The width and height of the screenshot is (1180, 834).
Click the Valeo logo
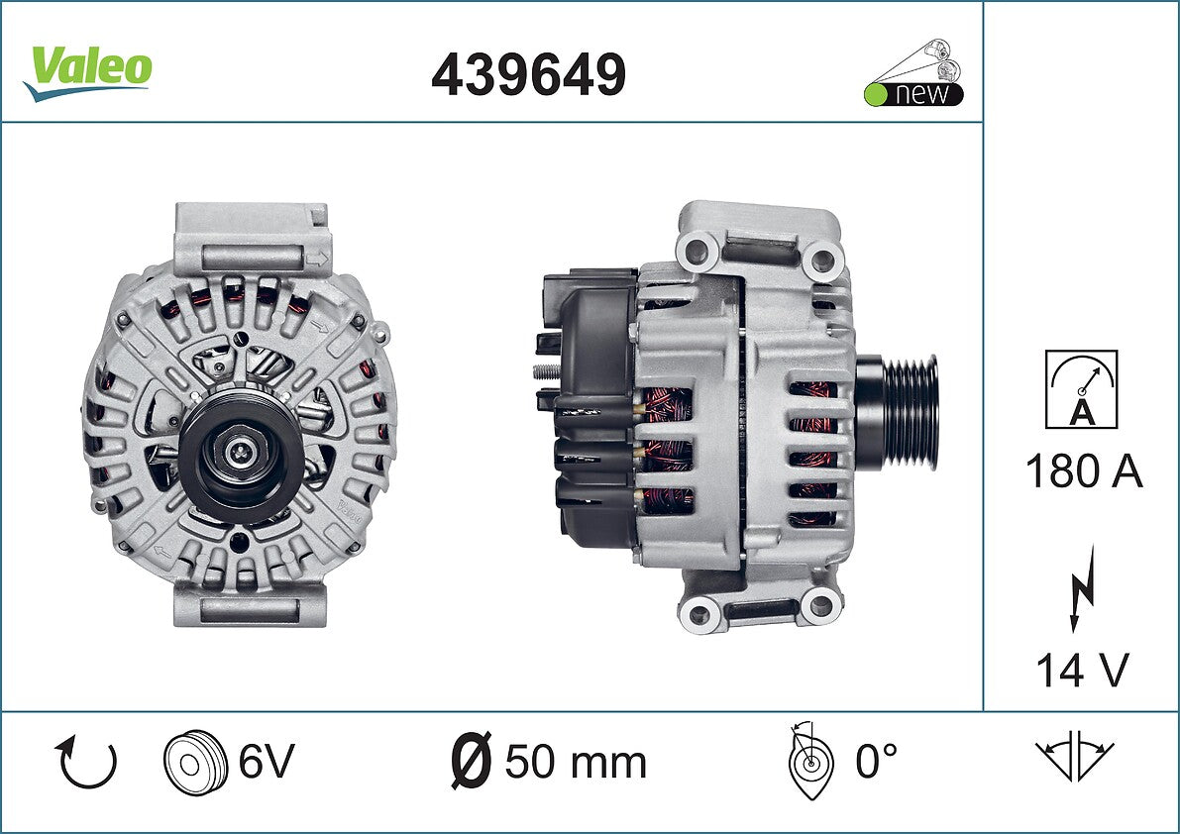click(88, 72)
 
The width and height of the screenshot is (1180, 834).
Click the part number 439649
click(528, 74)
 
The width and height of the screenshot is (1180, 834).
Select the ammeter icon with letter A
click(1081, 389)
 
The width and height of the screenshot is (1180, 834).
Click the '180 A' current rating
click(1084, 472)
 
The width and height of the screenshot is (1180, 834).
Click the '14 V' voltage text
click(1083, 670)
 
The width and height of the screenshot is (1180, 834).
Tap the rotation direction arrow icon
click(86, 762)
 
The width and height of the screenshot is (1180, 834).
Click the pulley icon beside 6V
click(195, 761)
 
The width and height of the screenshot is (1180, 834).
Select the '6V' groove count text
click(267, 761)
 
